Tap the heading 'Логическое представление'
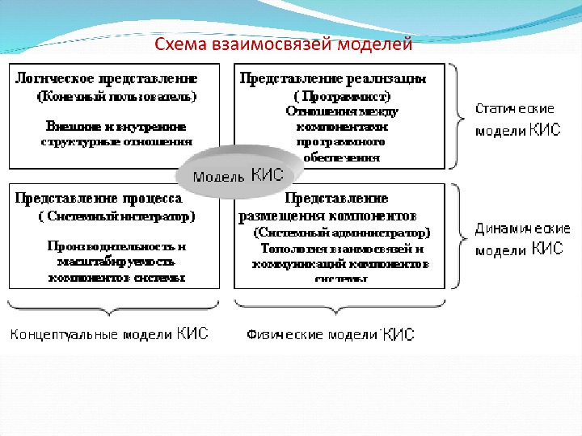(x=107, y=78)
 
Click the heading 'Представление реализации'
(x=332, y=78)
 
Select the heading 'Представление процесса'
(x=98, y=198)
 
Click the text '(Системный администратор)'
(x=342, y=233)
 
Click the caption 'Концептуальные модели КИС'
(x=108, y=333)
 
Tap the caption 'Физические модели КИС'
(x=329, y=333)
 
